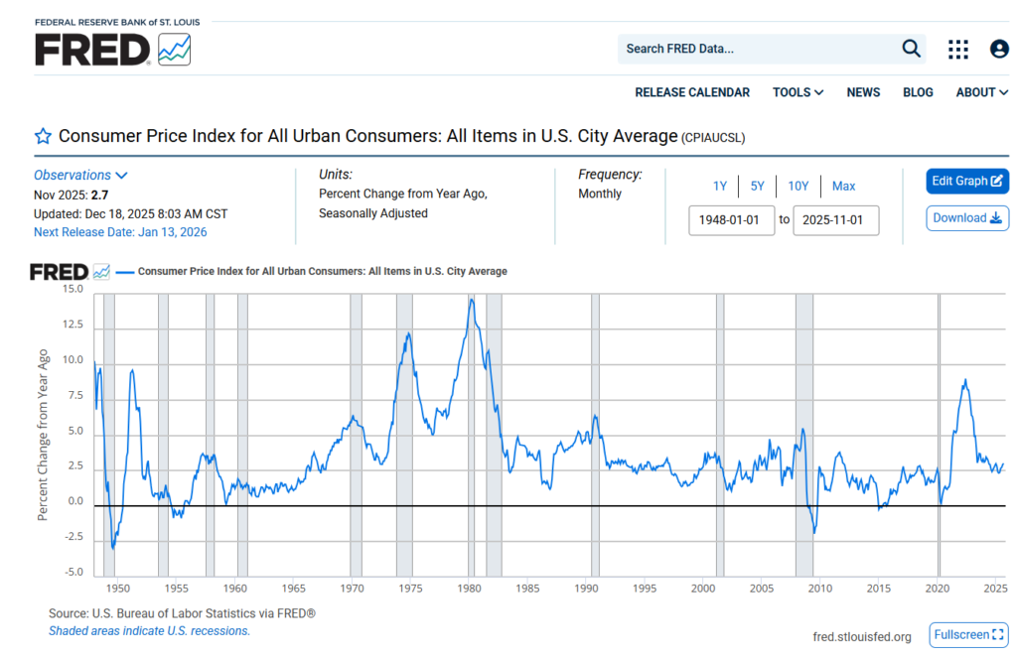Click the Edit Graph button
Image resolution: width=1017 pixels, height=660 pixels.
click(x=967, y=182)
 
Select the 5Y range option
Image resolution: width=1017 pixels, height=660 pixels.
click(x=758, y=186)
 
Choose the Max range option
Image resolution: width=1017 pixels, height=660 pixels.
click(x=843, y=186)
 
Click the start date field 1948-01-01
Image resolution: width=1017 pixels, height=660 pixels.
click(x=731, y=219)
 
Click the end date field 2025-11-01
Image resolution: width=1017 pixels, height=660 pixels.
click(x=835, y=219)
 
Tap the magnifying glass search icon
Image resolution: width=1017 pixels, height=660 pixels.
click(x=911, y=49)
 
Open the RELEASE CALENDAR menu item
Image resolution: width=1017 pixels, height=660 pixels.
click(x=692, y=92)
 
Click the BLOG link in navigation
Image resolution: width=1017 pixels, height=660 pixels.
click(x=918, y=92)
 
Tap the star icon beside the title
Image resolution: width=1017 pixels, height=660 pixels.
click(x=43, y=136)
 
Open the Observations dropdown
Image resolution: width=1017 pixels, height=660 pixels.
click(x=80, y=175)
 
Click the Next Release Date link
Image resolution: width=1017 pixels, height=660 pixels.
click(x=120, y=232)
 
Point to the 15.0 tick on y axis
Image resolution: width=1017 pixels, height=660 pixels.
click(x=73, y=289)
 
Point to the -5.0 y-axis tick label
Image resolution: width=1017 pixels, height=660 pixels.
click(x=73, y=573)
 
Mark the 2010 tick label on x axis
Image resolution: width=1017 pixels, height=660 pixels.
click(x=819, y=589)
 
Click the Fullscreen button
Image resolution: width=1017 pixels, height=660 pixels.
click(x=968, y=635)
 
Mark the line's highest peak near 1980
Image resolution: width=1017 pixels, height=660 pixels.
click(x=472, y=299)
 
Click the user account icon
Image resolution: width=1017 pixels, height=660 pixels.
click(x=999, y=49)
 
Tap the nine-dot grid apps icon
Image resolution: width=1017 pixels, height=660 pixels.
click(x=958, y=49)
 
